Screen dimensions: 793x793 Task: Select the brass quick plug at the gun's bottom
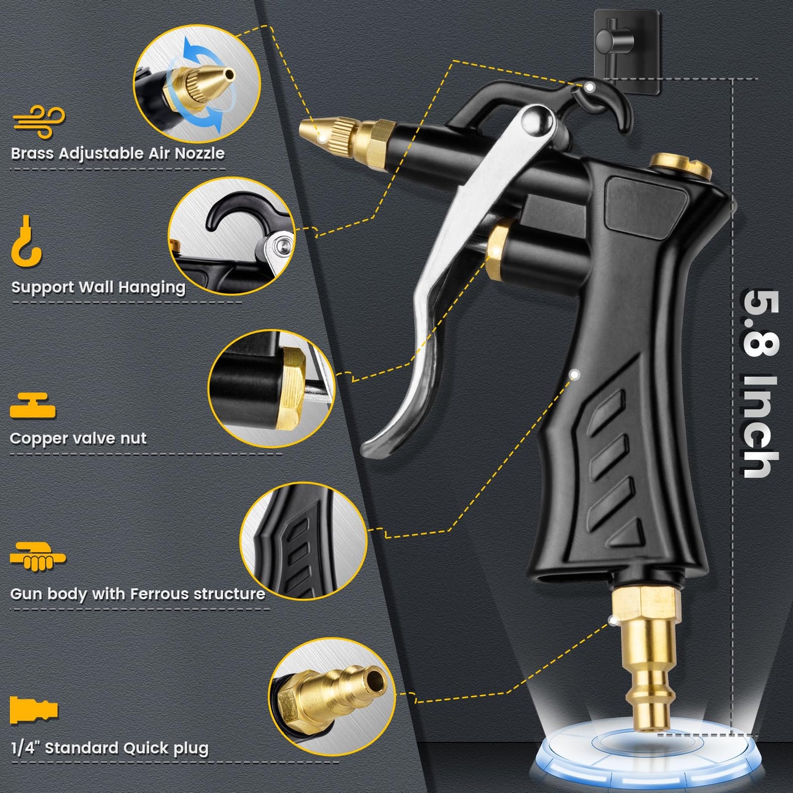(648, 659)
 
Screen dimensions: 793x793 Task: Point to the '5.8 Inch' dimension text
(760, 384)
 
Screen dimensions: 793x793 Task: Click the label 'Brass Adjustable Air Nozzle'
(118, 153)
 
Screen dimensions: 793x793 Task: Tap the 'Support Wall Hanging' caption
(99, 287)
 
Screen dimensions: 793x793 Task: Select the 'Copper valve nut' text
(78, 438)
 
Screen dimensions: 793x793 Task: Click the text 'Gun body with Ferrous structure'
(138, 594)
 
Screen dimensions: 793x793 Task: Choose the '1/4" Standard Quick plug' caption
(110, 749)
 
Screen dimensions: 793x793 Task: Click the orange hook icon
(26, 241)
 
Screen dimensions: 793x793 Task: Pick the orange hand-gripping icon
(37, 557)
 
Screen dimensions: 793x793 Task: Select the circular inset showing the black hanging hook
(231, 236)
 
